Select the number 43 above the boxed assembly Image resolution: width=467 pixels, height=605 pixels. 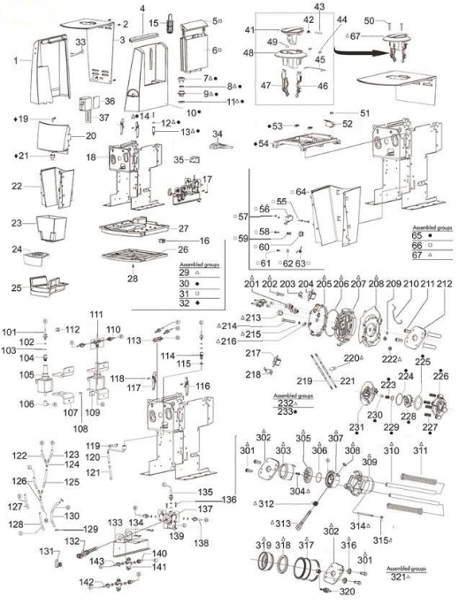(319, 6)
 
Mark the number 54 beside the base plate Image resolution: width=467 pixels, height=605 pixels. (264, 143)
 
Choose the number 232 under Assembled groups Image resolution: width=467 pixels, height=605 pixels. (283, 402)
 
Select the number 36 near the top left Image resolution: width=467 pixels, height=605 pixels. (111, 100)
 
